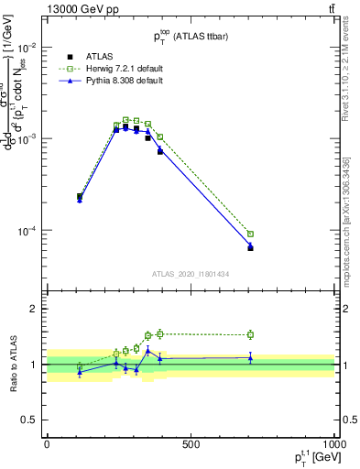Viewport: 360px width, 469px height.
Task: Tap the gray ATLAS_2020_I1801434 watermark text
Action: tap(190, 274)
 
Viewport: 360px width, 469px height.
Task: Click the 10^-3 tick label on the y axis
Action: tap(27, 138)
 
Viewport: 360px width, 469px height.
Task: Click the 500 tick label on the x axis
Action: tap(191, 444)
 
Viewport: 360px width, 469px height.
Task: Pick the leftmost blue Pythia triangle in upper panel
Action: tap(80, 199)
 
